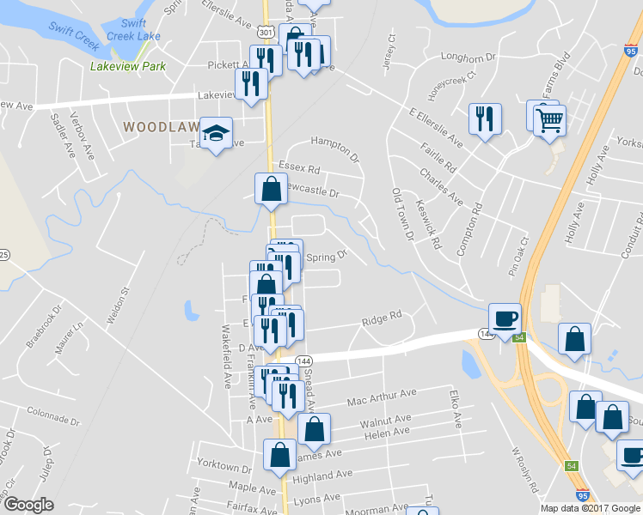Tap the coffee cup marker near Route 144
(505, 318)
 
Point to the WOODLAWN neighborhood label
(161, 126)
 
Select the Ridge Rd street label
(383, 318)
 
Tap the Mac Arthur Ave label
(382, 397)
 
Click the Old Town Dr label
(402, 214)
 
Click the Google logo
(28, 505)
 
